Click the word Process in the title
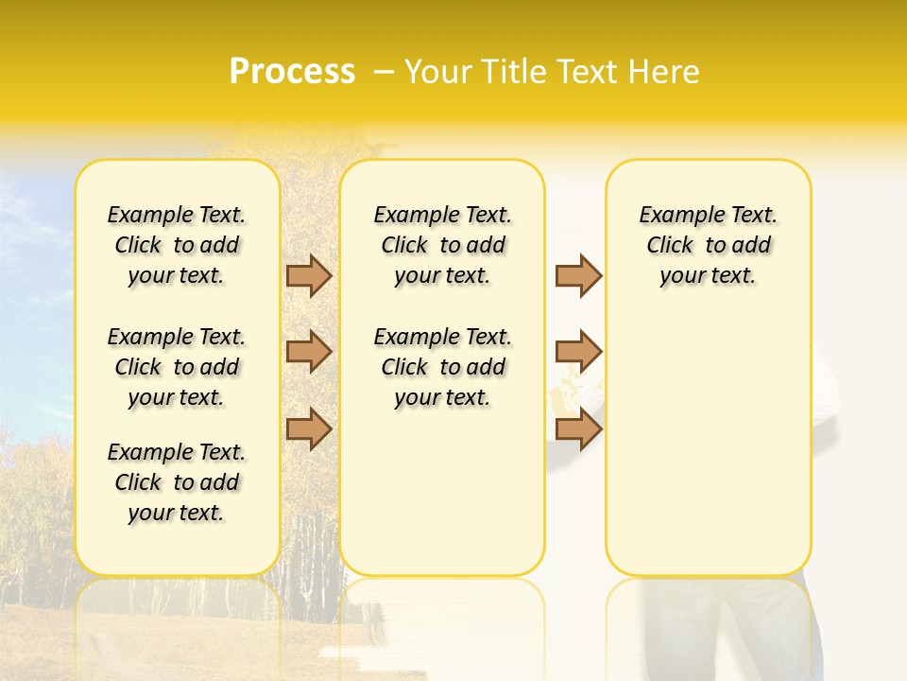[x=292, y=72]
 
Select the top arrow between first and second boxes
[x=309, y=275]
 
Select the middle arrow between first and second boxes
[x=309, y=352]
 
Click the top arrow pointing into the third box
[x=578, y=275]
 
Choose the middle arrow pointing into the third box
[x=578, y=352]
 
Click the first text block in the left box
[x=177, y=245]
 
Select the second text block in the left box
[x=177, y=367]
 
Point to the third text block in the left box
[x=177, y=482]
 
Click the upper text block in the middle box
[x=443, y=245]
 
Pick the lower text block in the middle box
[x=443, y=367]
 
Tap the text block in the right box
[x=709, y=245]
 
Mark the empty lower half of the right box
[x=709, y=454]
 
